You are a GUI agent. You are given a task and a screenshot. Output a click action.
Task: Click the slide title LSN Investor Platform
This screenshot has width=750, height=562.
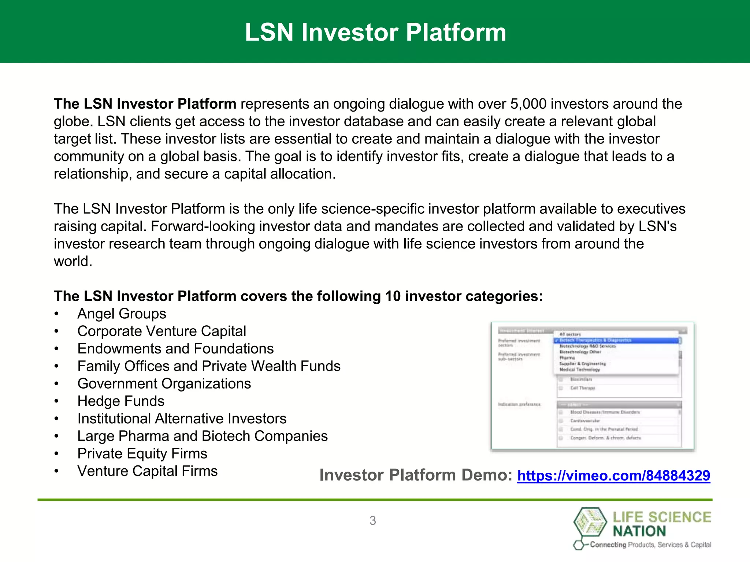pyautogui.click(x=375, y=32)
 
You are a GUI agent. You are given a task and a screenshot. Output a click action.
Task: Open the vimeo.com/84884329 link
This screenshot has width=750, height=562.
pyautogui.click(x=613, y=475)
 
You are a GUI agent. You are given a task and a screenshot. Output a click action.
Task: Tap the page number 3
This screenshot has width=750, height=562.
pyautogui.click(x=372, y=520)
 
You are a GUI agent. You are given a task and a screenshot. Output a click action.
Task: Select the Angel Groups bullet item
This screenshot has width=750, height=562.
pyautogui.click(x=122, y=314)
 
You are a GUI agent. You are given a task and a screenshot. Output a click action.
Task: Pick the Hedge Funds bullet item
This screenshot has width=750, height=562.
pyautogui.click(x=121, y=401)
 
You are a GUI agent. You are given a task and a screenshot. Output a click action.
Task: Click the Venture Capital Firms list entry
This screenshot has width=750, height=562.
pyautogui.click(x=147, y=471)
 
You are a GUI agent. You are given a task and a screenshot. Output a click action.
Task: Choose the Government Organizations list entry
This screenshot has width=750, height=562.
pyautogui.click(x=164, y=383)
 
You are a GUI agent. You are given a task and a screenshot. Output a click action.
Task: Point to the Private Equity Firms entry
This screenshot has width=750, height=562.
pyautogui.click(x=142, y=453)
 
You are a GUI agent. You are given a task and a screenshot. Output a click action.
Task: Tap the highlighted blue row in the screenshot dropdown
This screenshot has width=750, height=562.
pyautogui.click(x=617, y=340)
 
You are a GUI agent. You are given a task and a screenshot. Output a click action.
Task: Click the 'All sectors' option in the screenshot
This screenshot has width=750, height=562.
pyautogui.click(x=570, y=334)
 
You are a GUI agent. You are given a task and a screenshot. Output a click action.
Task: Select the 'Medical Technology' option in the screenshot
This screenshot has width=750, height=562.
pyautogui.click(x=580, y=370)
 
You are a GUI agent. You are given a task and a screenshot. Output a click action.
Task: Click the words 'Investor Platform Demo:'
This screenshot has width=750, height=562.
pyautogui.click(x=416, y=475)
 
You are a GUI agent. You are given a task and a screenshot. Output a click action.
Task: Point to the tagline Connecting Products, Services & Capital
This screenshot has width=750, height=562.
pyautogui.click(x=650, y=544)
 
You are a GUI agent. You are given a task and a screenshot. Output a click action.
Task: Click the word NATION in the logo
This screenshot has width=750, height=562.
pyautogui.click(x=639, y=531)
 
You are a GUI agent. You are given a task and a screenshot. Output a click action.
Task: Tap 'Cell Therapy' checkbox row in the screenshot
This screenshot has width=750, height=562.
pyautogui.click(x=582, y=388)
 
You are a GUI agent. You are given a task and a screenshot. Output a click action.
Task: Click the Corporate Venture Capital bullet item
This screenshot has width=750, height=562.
pyautogui.click(x=161, y=331)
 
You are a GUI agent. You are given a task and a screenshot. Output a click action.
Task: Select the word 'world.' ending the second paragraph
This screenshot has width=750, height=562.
pyautogui.click(x=73, y=261)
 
